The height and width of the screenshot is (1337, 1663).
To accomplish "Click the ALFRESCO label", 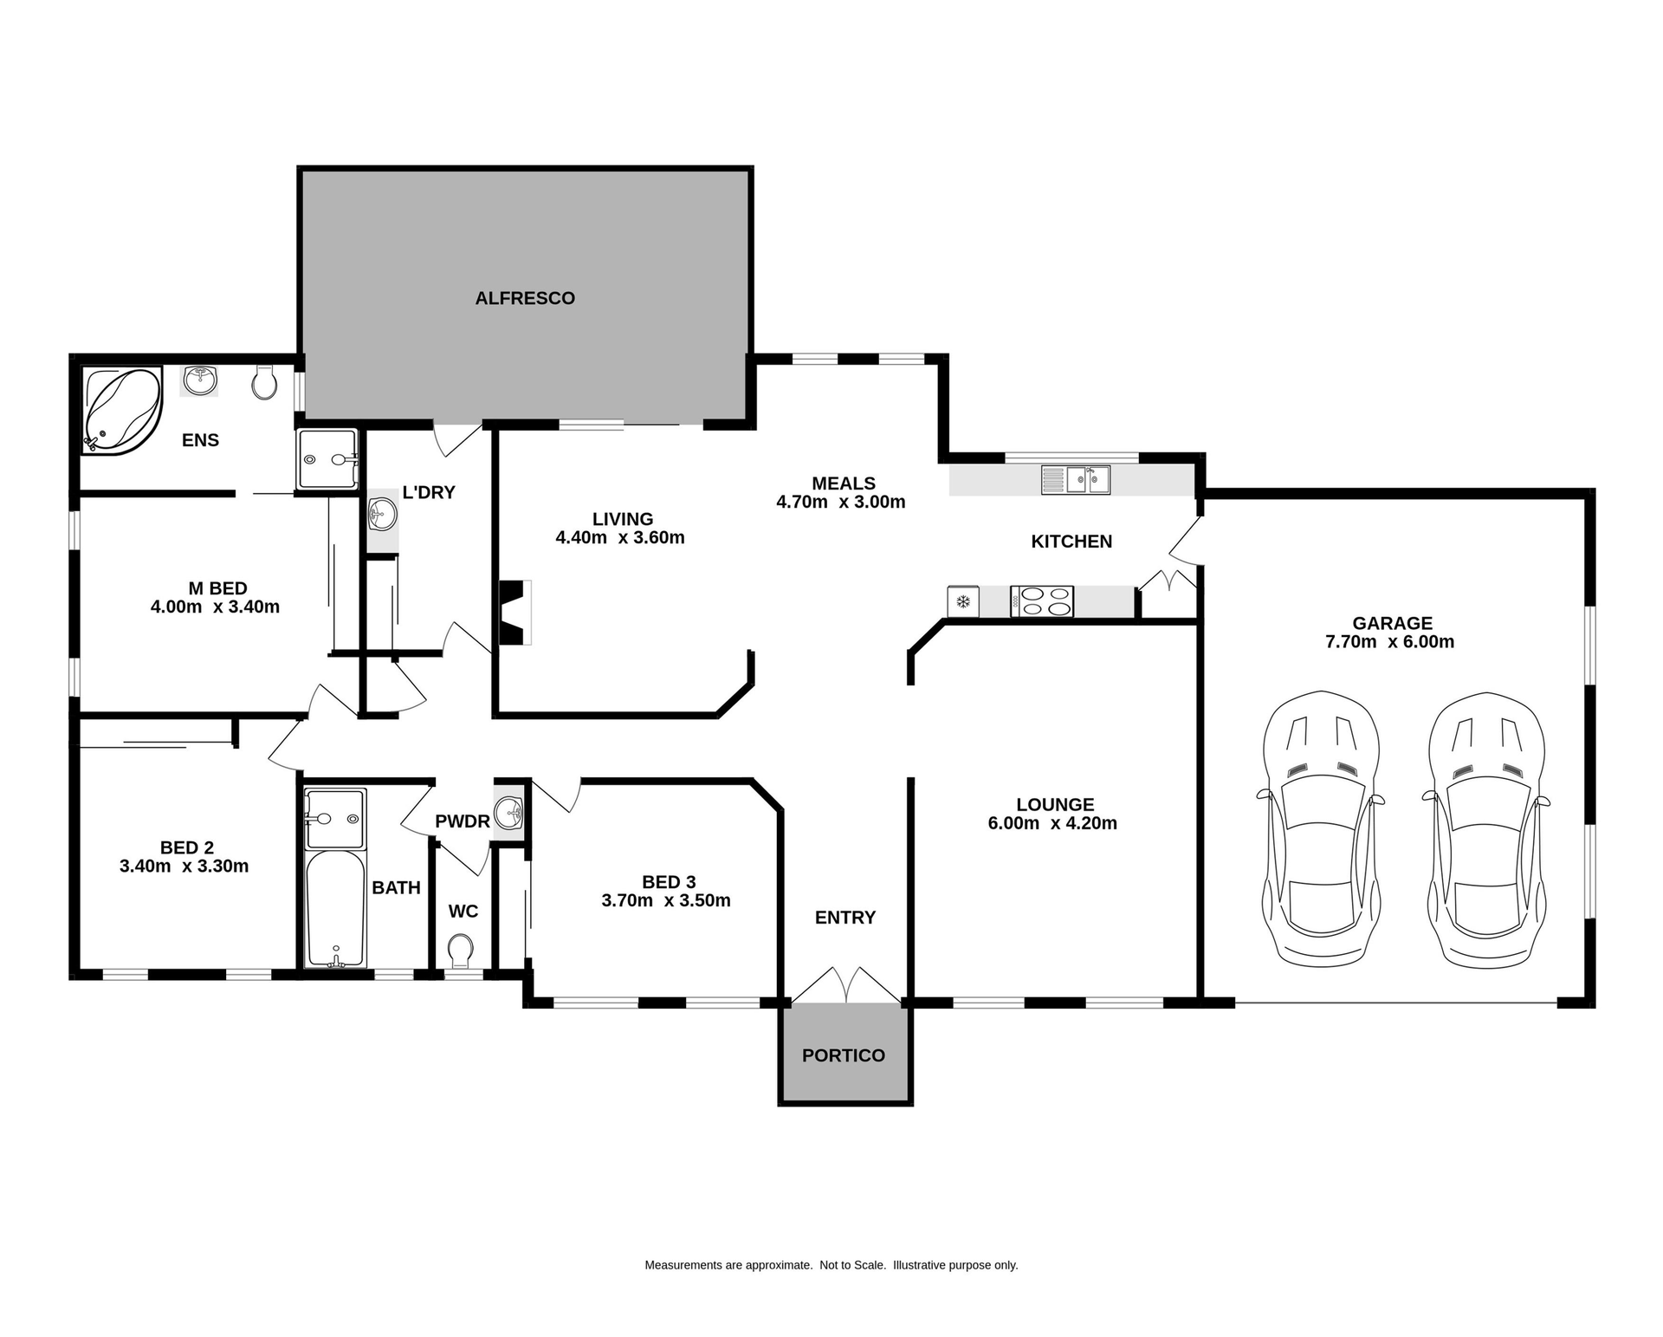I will click(x=525, y=298).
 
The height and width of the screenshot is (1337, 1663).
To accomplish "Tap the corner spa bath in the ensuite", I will click(x=122, y=409).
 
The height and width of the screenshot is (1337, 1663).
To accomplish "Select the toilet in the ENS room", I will click(x=264, y=381).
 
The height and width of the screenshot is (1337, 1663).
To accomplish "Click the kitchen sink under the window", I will click(x=1075, y=479).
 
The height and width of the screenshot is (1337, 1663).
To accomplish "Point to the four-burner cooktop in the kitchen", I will click(x=1041, y=601).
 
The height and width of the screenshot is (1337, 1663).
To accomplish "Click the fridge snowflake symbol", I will click(x=962, y=601).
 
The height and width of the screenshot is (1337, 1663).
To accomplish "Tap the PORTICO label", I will click(x=843, y=1055).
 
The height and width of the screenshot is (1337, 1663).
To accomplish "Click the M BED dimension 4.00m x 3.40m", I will click(x=215, y=607).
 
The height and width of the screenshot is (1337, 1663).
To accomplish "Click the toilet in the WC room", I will click(x=461, y=951).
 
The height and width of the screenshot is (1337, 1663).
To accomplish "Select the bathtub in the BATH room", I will click(x=335, y=908).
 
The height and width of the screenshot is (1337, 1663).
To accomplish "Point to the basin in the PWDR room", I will click(x=508, y=815).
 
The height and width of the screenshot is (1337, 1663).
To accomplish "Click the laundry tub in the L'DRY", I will click(x=382, y=515).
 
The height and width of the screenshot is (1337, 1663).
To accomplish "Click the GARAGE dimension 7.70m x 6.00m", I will click(x=1389, y=642).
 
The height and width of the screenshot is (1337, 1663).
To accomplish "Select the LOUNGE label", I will click(x=1055, y=805).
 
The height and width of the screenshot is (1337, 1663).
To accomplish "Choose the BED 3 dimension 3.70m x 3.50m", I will click(x=666, y=901).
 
